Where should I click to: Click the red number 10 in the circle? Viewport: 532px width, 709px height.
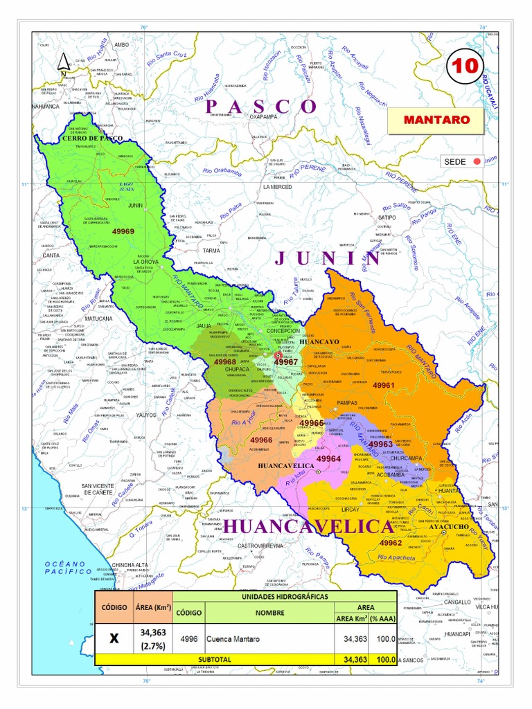[464, 66]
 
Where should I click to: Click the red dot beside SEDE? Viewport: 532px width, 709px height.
[476, 162]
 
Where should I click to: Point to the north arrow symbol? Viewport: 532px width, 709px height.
[63, 63]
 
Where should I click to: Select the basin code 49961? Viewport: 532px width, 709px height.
[383, 385]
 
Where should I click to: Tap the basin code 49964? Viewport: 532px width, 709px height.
[328, 458]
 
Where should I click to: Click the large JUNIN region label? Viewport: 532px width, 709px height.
[328, 258]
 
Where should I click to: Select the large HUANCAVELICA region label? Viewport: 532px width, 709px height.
[308, 527]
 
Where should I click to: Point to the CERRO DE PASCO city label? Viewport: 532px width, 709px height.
[92, 139]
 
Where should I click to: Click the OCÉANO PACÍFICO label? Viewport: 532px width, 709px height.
[69, 568]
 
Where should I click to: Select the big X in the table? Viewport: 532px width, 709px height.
[114, 638]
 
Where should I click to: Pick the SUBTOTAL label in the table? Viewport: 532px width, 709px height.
[215, 660]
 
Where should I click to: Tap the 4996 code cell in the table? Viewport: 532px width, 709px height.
[188, 639]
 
